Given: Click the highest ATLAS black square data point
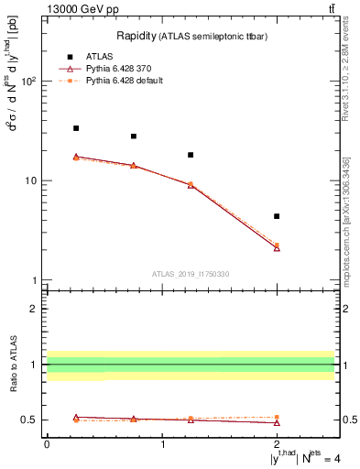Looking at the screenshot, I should (76, 128).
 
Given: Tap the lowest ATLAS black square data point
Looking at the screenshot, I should (277, 216).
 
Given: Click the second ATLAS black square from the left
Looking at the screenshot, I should (134, 136).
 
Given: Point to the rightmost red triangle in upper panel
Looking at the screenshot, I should (277, 248).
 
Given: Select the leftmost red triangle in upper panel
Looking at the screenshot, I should (76, 157).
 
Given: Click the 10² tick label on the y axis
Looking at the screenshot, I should (28, 82).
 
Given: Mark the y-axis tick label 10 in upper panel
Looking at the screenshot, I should (30, 180).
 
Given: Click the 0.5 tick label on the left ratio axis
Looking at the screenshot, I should (30, 420).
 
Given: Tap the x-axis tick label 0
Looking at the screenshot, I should (47, 444).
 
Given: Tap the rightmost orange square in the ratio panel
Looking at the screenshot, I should (277, 417).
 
